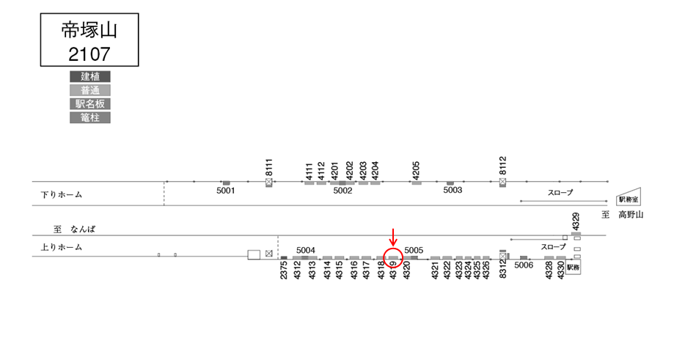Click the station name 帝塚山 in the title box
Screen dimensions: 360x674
pos(89,30)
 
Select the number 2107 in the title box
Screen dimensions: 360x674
pos(89,53)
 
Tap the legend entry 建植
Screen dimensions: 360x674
pos(90,76)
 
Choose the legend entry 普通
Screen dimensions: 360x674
pos(90,90)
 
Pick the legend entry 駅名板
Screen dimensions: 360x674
pos(90,104)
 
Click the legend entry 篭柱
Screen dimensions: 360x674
pos(90,117)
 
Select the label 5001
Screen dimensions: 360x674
pos(226,191)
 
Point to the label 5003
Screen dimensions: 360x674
pos(453,191)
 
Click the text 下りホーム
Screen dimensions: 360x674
pos(62,195)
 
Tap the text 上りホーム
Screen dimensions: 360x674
pos(62,248)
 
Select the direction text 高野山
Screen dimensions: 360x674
pos(630,215)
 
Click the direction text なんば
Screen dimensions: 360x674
pos(83,229)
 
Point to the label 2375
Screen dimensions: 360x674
pos(285,271)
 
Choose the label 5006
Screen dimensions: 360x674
pos(524,265)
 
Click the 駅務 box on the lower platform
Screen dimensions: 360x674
pos(573,268)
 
